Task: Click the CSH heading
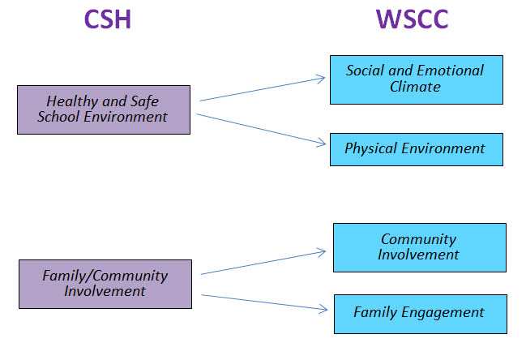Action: pos(107,19)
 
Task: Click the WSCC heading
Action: pos(412,19)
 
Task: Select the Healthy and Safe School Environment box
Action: pos(104,109)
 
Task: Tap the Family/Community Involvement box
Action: pos(105,284)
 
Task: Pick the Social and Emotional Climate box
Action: pos(416,79)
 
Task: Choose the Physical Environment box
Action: pos(416,149)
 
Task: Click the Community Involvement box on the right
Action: pos(419,247)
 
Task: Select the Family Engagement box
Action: pos(420,313)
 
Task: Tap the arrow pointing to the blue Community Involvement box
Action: pos(263,263)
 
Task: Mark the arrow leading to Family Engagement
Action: pos(263,302)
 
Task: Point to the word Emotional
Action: pos(451,71)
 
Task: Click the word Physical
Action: pos(371,149)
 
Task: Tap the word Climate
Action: pos(416,87)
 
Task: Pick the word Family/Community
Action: pos(105,276)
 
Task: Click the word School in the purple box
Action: pos(64,117)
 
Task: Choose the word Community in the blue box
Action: pos(419,240)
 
